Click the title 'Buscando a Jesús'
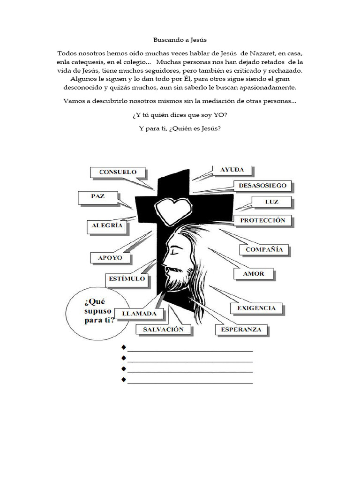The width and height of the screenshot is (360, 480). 180,41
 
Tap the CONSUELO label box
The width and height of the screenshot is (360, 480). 118,172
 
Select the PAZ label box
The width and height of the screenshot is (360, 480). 98,197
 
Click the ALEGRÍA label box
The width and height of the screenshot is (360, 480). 107,225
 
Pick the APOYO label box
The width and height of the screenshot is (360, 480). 110,258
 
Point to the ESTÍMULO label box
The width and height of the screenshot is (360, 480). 127,279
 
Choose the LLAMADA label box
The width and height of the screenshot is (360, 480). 139,313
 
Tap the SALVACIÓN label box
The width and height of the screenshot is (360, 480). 160,330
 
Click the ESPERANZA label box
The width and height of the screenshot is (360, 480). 241,330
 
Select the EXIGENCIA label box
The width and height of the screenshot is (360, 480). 256,308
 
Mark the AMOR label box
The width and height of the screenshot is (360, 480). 253,273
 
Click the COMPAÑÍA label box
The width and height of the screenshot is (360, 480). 264,250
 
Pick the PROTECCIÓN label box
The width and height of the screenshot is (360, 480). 262,220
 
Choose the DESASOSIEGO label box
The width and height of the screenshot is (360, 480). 262,186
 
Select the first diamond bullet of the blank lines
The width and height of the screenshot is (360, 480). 124,347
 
